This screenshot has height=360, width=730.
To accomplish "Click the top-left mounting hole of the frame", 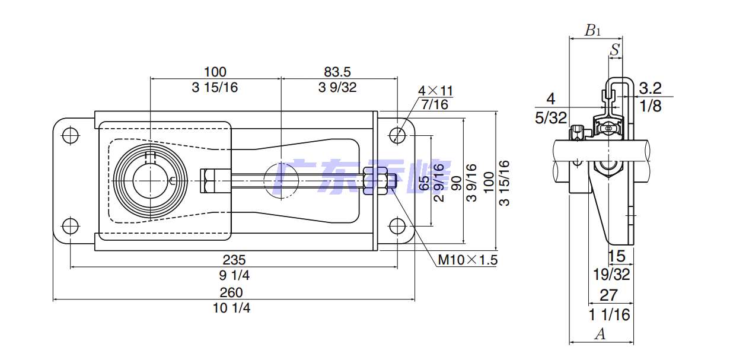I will [71, 135].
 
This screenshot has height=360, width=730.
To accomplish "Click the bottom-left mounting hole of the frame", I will [71, 225].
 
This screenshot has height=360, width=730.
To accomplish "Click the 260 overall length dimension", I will [231, 292].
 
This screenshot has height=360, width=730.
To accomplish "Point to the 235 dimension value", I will [234, 260].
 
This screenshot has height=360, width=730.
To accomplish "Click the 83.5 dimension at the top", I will [337, 72].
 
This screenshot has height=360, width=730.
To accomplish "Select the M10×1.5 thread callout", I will [467, 260].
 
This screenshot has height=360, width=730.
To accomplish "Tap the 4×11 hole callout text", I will [435, 91].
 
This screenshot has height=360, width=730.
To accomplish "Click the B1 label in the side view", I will [592, 31].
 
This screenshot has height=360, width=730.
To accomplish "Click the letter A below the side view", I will [600, 334].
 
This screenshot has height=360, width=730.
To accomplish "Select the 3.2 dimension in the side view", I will [650, 89].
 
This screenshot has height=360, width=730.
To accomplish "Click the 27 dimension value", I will [609, 295].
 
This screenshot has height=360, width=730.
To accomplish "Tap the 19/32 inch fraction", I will [611, 274].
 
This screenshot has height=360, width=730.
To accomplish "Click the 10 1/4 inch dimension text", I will [231, 308].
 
